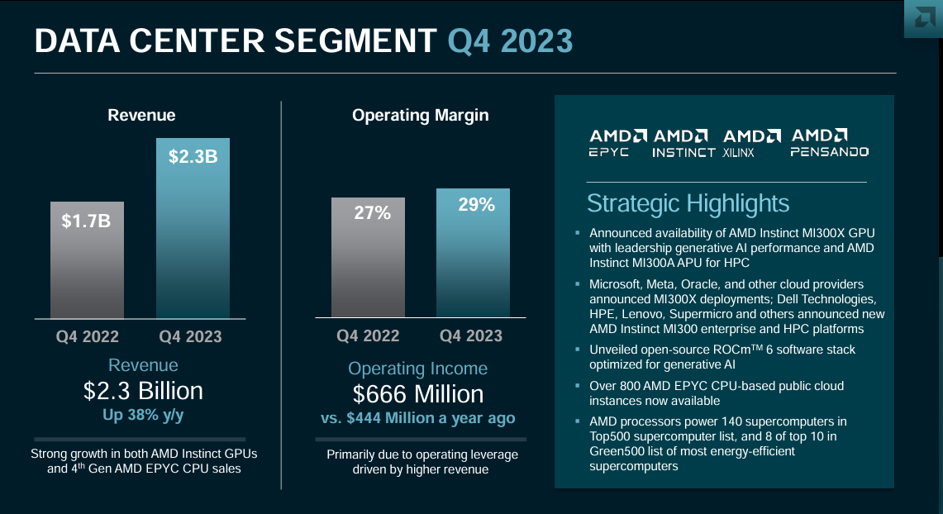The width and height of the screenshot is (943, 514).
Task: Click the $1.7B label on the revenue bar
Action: click(x=87, y=221)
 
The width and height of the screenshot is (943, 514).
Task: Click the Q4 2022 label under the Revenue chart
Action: click(x=88, y=337)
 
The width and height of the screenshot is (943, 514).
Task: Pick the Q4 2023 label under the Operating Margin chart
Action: click(x=471, y=336)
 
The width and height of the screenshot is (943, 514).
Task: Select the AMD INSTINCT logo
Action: click(x=683, y=142)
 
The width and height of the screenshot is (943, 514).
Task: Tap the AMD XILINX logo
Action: click(x=750, y=142)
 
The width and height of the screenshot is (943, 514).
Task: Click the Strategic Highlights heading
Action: click(x=688, y=203)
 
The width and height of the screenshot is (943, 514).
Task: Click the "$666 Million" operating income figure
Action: click(x=417, y=393)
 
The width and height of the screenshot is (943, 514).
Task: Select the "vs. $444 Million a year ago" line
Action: click(x=417, y=418)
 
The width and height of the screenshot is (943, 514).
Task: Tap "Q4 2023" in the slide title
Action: click(x=510, y=40)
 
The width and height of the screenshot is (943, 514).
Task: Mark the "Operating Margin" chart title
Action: click(x=420, y=116)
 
